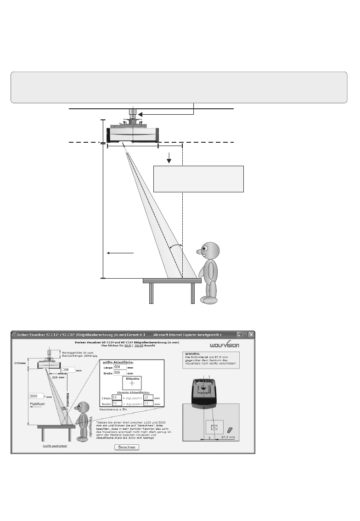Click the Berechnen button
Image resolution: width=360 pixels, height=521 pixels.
(x=126, y=447)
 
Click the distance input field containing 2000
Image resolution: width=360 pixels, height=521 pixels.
(x=36, y=395)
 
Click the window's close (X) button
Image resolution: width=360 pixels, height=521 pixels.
(x=251, y=334)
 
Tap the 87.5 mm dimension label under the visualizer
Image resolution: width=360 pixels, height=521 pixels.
(x=228, y=437)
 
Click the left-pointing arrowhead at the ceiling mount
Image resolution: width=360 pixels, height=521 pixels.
(x=141, y=114)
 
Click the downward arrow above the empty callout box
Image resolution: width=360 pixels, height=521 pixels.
(x=169, y=159)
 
